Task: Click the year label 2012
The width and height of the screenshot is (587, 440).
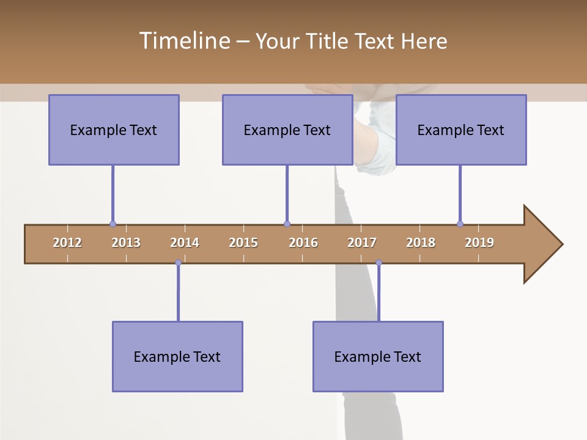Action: pyautogui.click(x=67, y=243)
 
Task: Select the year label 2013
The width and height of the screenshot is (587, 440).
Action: pyautogui.click(x=126, y=243)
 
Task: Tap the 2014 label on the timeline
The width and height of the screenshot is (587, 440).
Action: pyautogui.click(x=185, y=243)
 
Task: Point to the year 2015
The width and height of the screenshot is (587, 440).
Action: pyautogui.click(x=243, y=243)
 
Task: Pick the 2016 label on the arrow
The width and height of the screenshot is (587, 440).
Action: pyautogui.click(x=303, y=243)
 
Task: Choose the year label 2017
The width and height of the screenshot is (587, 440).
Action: pyautogui.click(x=362, y=243)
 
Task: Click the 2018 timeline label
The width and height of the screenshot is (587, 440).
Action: pyautogui.click(x=421, y=243)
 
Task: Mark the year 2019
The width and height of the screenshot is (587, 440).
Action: pyautogui.click(x=479, y=243)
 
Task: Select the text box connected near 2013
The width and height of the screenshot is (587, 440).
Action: pyautogui.click(x=114, y=130)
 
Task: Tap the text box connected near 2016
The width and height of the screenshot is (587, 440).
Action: pyautogui.click(x=287, y=130)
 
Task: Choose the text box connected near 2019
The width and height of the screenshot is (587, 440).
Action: pyautogui.click(x=461, y=130)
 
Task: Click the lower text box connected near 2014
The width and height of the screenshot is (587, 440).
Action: pyautogui.click(x=177, y=356)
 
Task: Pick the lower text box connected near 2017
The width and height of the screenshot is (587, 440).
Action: pyautogui.click(x=378, y=356)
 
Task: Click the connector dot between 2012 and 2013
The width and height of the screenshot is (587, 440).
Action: pyautogui.click(x=113, y=224)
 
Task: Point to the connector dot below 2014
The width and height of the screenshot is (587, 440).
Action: pyautogui.click(x=178, y=263)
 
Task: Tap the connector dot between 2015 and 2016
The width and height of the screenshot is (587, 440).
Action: pyautogui.click(x=287, y=224)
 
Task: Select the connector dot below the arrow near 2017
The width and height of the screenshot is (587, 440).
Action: pyautogui.click(x=378, y=263)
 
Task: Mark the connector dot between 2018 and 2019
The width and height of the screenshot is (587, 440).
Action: pyautogui.click(x=460, y=224)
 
